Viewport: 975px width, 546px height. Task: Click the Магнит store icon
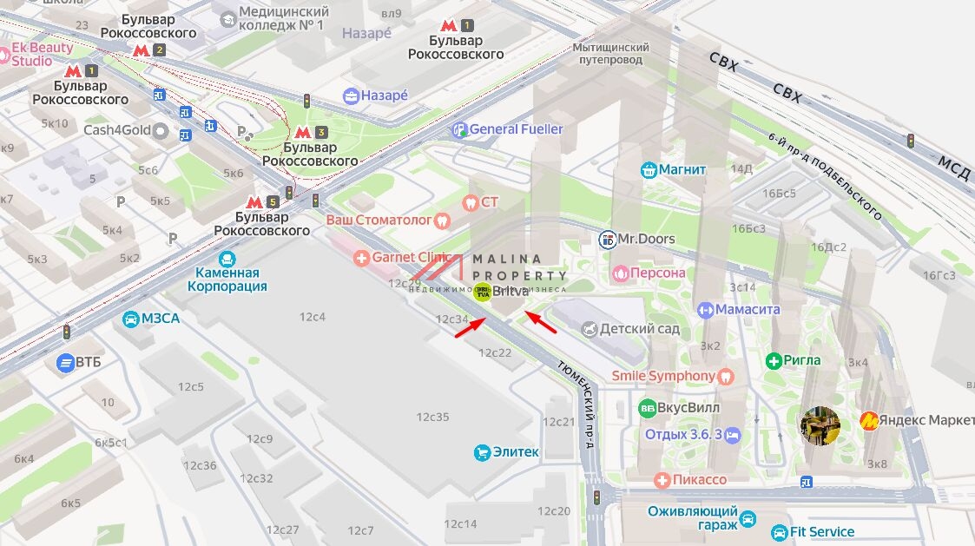pyautogui.click(x=649, y=169)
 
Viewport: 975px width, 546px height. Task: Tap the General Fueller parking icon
pyautogui.click(x=459, y=129)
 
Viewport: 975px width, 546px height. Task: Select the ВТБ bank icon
pyautogui.click(x=65, y=362)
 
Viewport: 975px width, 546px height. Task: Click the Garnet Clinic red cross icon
pyautogui.click(x=361, y=258)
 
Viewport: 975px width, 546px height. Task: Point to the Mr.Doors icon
pyautogui.click(x=608, y=239)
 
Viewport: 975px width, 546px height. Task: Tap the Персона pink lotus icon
pyautogui.click(x=620, y=273)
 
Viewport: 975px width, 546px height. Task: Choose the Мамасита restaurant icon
pyautogui.click(x=706, y=310)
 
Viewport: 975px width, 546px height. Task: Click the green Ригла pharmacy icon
pyautogui.click(x=774, y=360)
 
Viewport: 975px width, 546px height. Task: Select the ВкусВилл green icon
pyautogui.click(x=647, y=408)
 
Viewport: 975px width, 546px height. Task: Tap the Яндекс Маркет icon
pyautogui.click(x=868, y=421)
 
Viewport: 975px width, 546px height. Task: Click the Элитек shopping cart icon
pyautogui.click(x=482, y=452)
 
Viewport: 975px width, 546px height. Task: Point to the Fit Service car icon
pyautogui.click(x=778, y=532)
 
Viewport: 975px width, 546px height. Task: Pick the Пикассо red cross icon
pyautogui.click(x=662, y=479)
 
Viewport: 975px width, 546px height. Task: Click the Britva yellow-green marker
pyautogui.click(x=482, y=293)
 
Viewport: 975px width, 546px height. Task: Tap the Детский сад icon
pyautogui.click(x=590, y=330)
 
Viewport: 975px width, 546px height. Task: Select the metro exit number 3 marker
pyautogui.click(x=321, y=133)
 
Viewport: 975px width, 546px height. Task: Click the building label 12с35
pyautogui.click(x=432, y=417)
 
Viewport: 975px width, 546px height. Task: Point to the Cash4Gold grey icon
pyautogui.click(x=160, y=131)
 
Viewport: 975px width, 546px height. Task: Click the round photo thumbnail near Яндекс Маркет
pyautogui.click(x=820, y=425)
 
